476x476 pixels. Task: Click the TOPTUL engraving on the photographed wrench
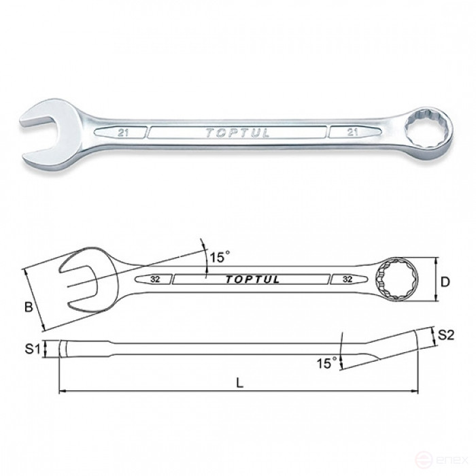click(238, 133)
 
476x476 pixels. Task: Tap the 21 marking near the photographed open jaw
click(123, 133)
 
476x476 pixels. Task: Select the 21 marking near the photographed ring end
click(352, 133)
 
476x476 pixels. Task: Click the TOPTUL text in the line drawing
click(252, 279)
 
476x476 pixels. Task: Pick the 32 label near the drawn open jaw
click(155, 279)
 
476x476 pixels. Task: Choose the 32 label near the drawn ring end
click(347, 279)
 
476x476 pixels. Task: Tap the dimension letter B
click(29, 307)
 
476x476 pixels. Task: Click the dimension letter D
click(445, 282)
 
